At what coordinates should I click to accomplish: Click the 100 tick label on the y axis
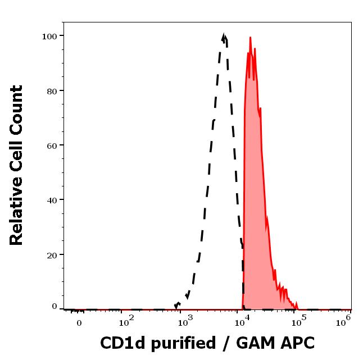coord(49,37)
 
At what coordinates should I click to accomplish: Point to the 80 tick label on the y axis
coord(52,91)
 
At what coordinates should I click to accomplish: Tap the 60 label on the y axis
coord(52,145)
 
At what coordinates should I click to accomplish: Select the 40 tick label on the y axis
coord(52,200)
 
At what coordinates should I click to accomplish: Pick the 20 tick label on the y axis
coord(52,255)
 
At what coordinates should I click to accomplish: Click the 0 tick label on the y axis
coord(55,307)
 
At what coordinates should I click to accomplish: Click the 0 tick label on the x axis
coord(79,323)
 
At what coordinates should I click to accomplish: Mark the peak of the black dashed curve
coord(224,35)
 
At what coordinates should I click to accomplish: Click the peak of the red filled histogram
coord(250,38)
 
